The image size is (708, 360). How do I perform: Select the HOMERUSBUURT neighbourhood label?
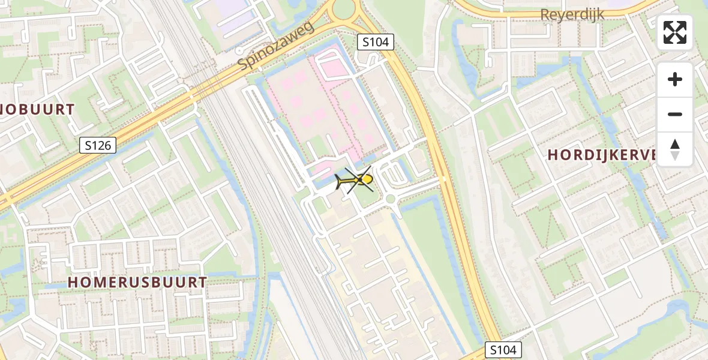tap(137, 282)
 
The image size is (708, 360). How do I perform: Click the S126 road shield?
tap(97, 145)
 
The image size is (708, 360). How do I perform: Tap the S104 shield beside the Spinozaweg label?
tap(375, 42)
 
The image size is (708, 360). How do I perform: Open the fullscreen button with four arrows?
tap(675, 32)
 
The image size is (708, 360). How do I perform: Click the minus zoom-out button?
tap(675, 114)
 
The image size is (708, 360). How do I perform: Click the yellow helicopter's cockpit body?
tap(365, 179)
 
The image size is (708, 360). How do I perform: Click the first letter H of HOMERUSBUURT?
tap(73, 282)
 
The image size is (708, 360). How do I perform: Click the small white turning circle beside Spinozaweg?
tap(239, 52)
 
